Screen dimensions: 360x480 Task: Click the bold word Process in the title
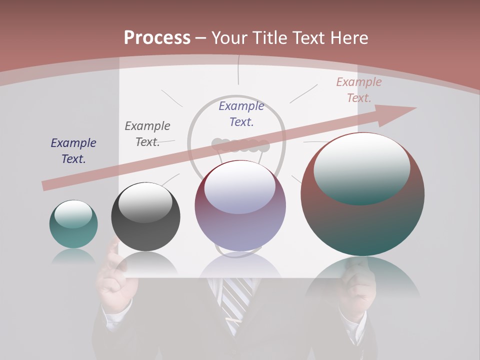(x=157, y=38)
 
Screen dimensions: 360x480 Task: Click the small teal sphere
(x=73, y=224)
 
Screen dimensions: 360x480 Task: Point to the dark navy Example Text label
(x=73, y=151)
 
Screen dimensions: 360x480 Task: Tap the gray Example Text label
(x=147, y=134)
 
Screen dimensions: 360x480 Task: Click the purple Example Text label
(x=241, y=113)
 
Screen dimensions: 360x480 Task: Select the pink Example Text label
(x=359, y=90)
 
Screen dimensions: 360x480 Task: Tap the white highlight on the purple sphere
(x=240, y=187)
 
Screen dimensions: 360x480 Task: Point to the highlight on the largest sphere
(x=361, y=169)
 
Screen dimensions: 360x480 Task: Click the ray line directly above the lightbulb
(x=239, y=70)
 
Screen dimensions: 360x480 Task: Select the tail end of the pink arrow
(x=46, y=185)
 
